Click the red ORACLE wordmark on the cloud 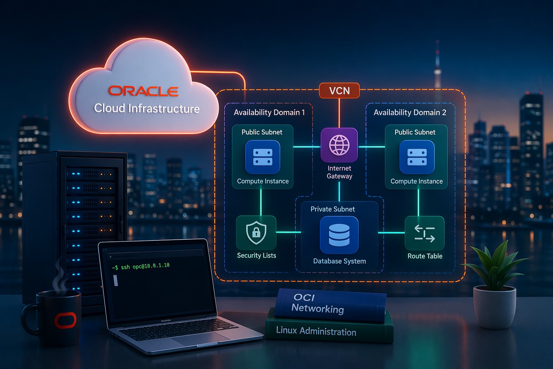coord(143,91)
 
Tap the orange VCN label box coord(339,90)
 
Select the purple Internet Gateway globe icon coord(339,145)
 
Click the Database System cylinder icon coord(339,235)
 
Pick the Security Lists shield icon coord(256,233)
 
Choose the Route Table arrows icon coord(424,233)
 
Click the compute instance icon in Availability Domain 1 coord(262,157)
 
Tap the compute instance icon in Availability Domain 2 coord(417,157)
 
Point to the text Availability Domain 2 coord(410,112)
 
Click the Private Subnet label coord(333,209)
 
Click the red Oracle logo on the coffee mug coord(65,320)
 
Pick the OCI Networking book coord(329,304)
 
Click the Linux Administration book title coord(316,331)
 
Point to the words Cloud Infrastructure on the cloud coord(147,108)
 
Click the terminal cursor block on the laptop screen coord(116,280)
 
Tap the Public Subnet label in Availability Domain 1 coord(262,132)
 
